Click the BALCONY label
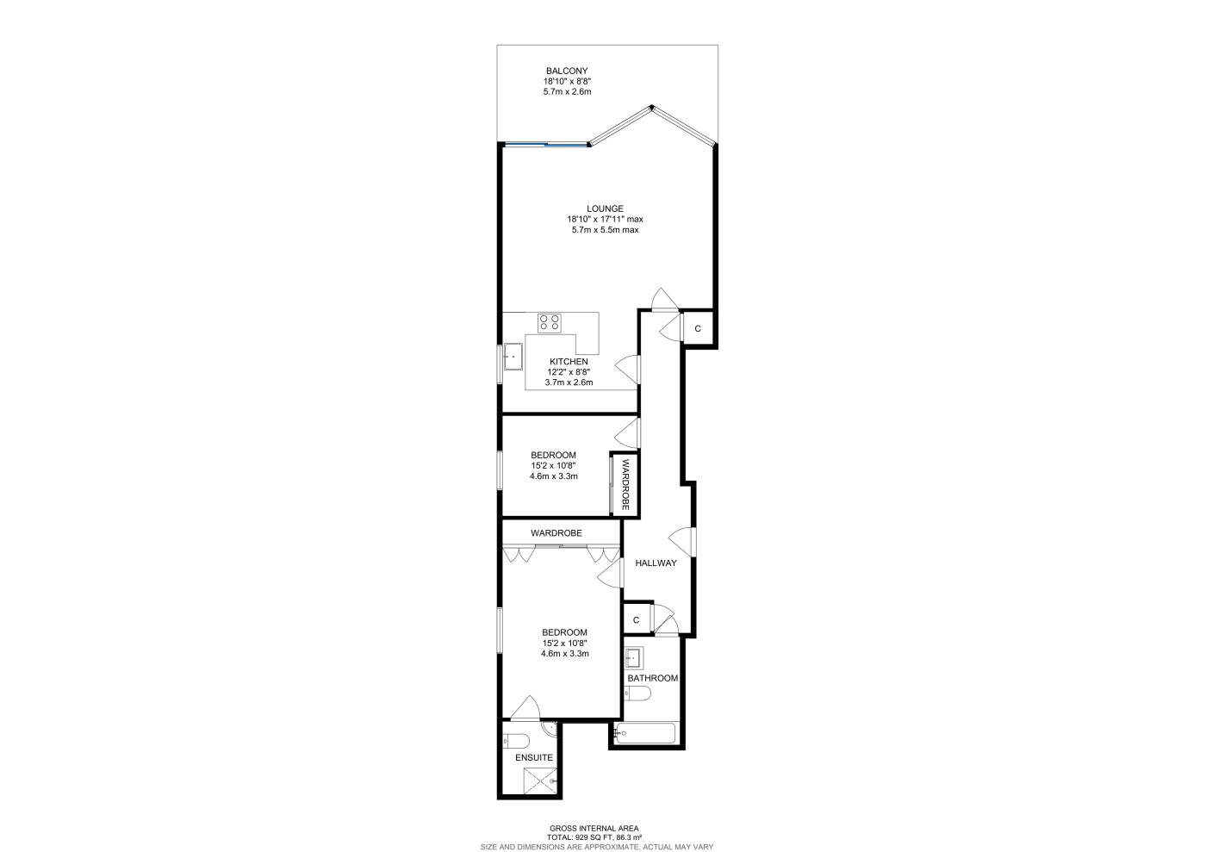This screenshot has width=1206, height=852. [x=567, y=71]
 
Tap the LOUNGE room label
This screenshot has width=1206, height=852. [x=605, y=208]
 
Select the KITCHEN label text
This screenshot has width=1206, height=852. [x=569, y=361]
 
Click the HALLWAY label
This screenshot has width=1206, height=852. [x=656, y=563]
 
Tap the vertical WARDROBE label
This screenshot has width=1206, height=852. [x=625, y=484]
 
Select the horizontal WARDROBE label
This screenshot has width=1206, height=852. [x=556, y=532]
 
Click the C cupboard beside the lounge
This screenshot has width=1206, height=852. [x=698, y=328]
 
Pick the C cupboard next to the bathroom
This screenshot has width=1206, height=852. [x=636, y=620]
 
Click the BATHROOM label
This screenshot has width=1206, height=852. [x=653, y=678]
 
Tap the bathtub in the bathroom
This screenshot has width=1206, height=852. [x=645, y=733]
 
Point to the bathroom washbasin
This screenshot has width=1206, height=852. [x=634, y=658]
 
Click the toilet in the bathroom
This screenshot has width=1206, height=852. [x=638, y=693]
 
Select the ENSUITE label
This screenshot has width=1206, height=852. [x=533, y=757]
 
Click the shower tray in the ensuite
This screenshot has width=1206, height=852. [x=541, y=780]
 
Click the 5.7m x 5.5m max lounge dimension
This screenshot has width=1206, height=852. [x=605, y=229]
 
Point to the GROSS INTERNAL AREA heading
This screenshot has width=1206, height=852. [x=594, y=828]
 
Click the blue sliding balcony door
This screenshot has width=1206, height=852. [x=546, y=144]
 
